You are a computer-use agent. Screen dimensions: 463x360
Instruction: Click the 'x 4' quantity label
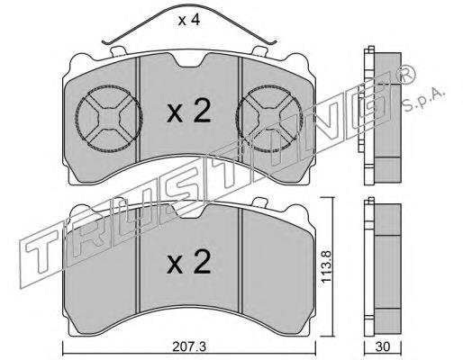(189, 21)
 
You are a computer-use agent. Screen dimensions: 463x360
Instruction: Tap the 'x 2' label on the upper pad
(189, 112)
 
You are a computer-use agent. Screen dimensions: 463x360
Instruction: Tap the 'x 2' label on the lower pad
(189, 262)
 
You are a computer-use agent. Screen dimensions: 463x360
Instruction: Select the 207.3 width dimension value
(189, 347)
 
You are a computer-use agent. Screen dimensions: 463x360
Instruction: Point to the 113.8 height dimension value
(326, 266)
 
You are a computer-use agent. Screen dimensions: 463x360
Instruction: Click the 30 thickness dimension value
(383, 346)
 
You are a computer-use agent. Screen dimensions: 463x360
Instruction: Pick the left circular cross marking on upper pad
(109, 118)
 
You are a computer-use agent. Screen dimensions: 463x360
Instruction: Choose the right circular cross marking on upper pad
(269, 118)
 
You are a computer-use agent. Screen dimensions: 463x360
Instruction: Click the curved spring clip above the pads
(189, 4)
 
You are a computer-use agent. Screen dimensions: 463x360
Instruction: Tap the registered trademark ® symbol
(406, 74)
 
